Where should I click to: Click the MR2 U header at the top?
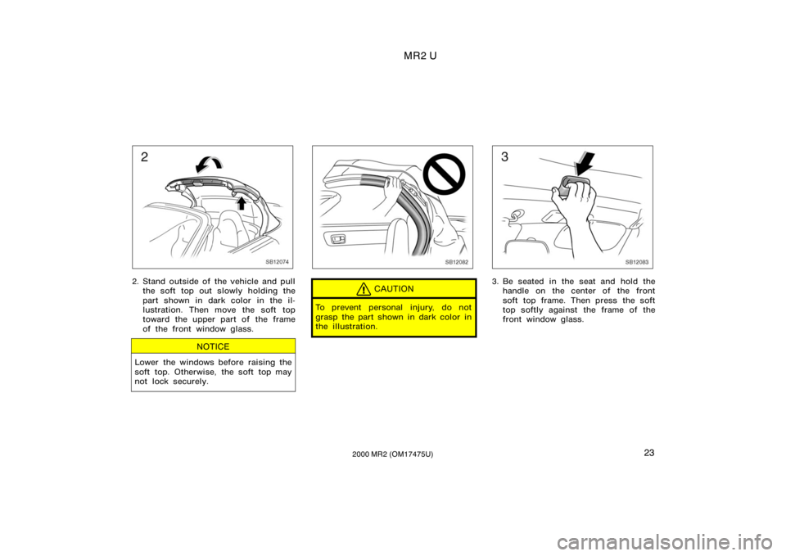420,57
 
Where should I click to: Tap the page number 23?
648,453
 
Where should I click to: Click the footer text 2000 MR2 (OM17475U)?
392,454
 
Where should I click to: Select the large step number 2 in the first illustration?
144,157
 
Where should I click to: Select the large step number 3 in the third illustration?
505,157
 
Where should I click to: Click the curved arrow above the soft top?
209,161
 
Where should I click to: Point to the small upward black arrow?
241,202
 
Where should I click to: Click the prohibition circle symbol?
444,174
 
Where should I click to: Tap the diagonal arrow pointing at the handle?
585,164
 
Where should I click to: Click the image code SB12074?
278,262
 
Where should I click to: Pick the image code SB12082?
457,262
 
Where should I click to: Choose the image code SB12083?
637,262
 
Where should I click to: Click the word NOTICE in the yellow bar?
213,346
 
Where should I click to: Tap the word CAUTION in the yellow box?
394,289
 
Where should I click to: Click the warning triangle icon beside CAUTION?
364,289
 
